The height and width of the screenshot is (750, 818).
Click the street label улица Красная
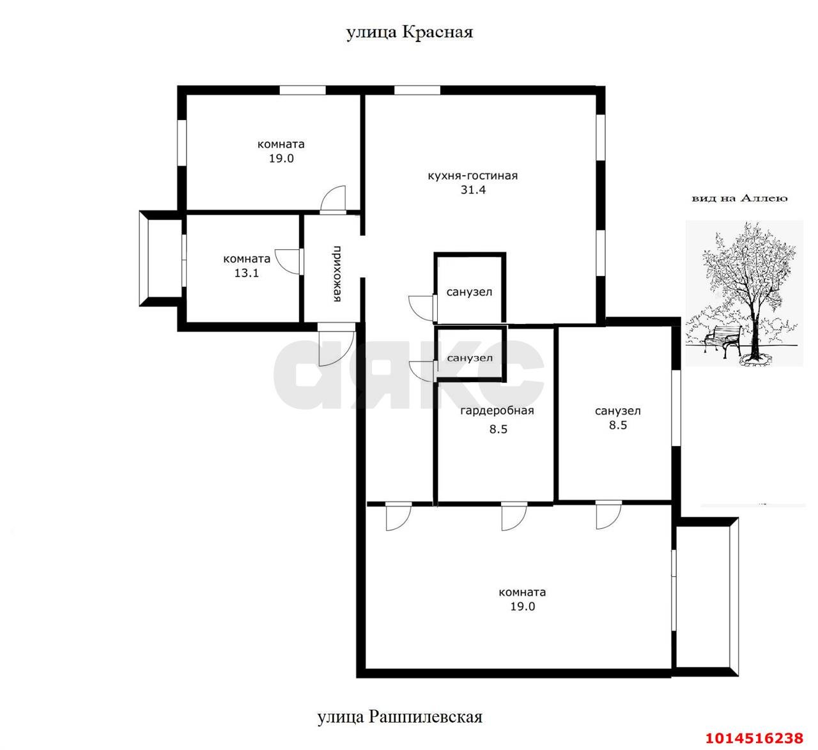point(410,33)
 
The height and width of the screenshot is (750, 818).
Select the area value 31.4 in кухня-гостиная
point(473,190)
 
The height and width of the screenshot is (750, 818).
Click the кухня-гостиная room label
point(473,176)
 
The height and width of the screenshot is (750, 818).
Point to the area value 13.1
point(246,273)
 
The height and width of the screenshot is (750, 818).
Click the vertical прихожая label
point(337,273)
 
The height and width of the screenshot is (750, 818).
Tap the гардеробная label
point(497,411)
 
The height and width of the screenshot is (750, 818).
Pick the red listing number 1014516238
point(754,738)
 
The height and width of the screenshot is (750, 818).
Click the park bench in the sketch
point(723,339)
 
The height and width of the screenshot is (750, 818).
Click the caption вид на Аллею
point(739,199)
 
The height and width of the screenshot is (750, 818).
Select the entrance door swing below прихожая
point(336,344)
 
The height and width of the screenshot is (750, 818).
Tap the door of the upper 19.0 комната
point(333,199)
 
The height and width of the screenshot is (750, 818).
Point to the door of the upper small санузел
point(422,308)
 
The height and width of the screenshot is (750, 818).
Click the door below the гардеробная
point(514,517)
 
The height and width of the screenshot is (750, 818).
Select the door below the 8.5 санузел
point(608,516)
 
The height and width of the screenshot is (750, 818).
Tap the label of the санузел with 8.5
point(618,411)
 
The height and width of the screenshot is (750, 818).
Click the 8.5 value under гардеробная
point(498,429)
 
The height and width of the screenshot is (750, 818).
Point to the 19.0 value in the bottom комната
point(522,606)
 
